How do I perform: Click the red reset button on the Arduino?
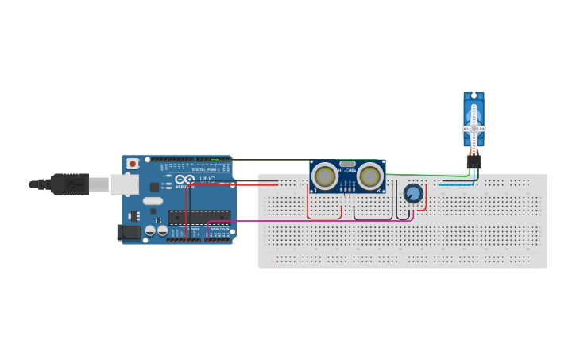[132, 164]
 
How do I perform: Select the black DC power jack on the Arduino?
[128, 232]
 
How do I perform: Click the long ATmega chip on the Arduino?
[199, 217]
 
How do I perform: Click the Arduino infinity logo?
[185, 181]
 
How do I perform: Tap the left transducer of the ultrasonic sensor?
[324, 176]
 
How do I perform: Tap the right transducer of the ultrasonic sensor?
[369, 176]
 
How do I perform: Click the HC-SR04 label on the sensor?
[347, 169]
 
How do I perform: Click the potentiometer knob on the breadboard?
[412, 194]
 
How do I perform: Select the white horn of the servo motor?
[474, 127]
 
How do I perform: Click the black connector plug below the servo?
[474, 161]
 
